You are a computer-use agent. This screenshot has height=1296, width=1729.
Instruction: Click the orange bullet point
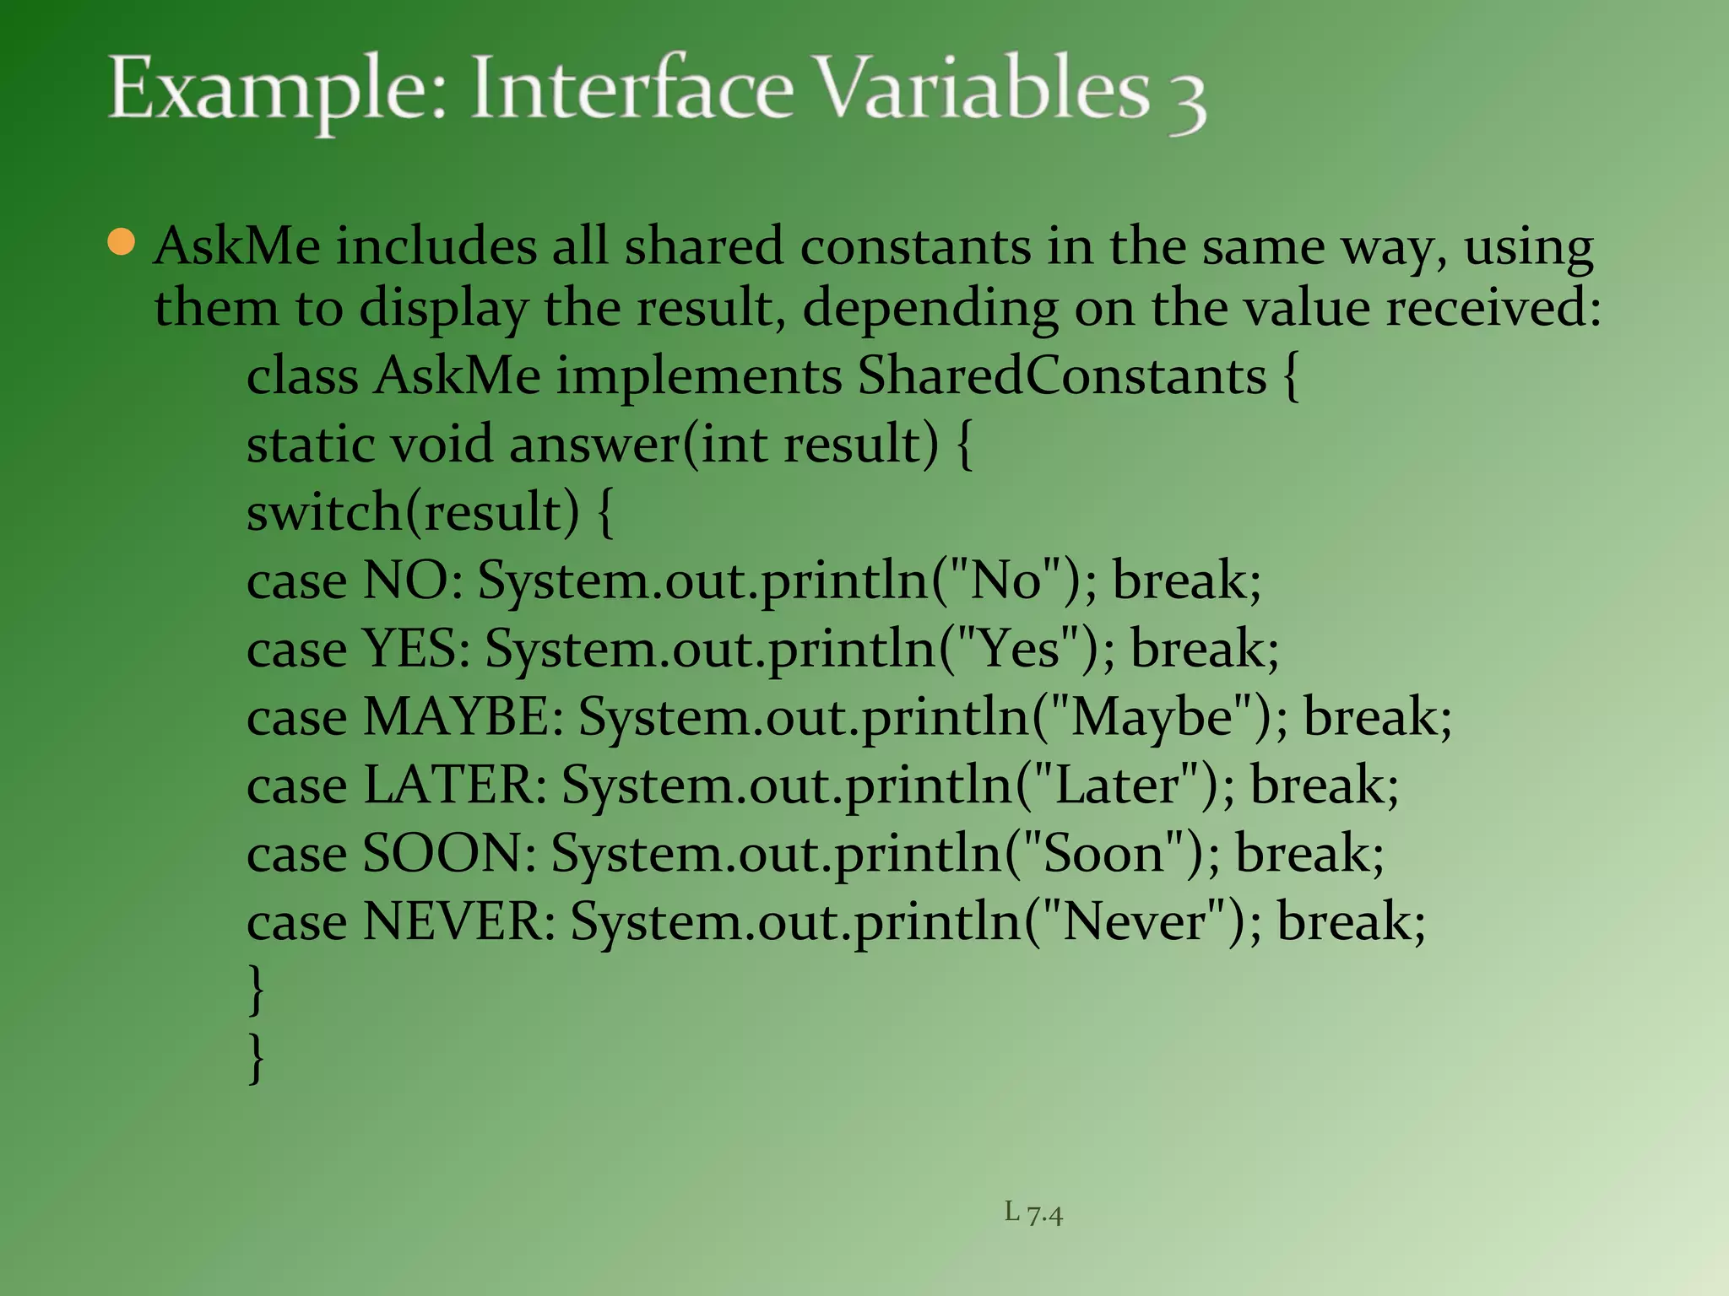coord(122,242)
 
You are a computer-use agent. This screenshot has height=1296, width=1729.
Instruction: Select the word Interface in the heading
coord(632,89)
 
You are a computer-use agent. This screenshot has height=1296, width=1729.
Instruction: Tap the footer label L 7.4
coord(1033,1213)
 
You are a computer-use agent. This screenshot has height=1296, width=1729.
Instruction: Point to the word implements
coord(699,375)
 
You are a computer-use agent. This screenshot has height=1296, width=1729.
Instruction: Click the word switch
coord(324,512)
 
